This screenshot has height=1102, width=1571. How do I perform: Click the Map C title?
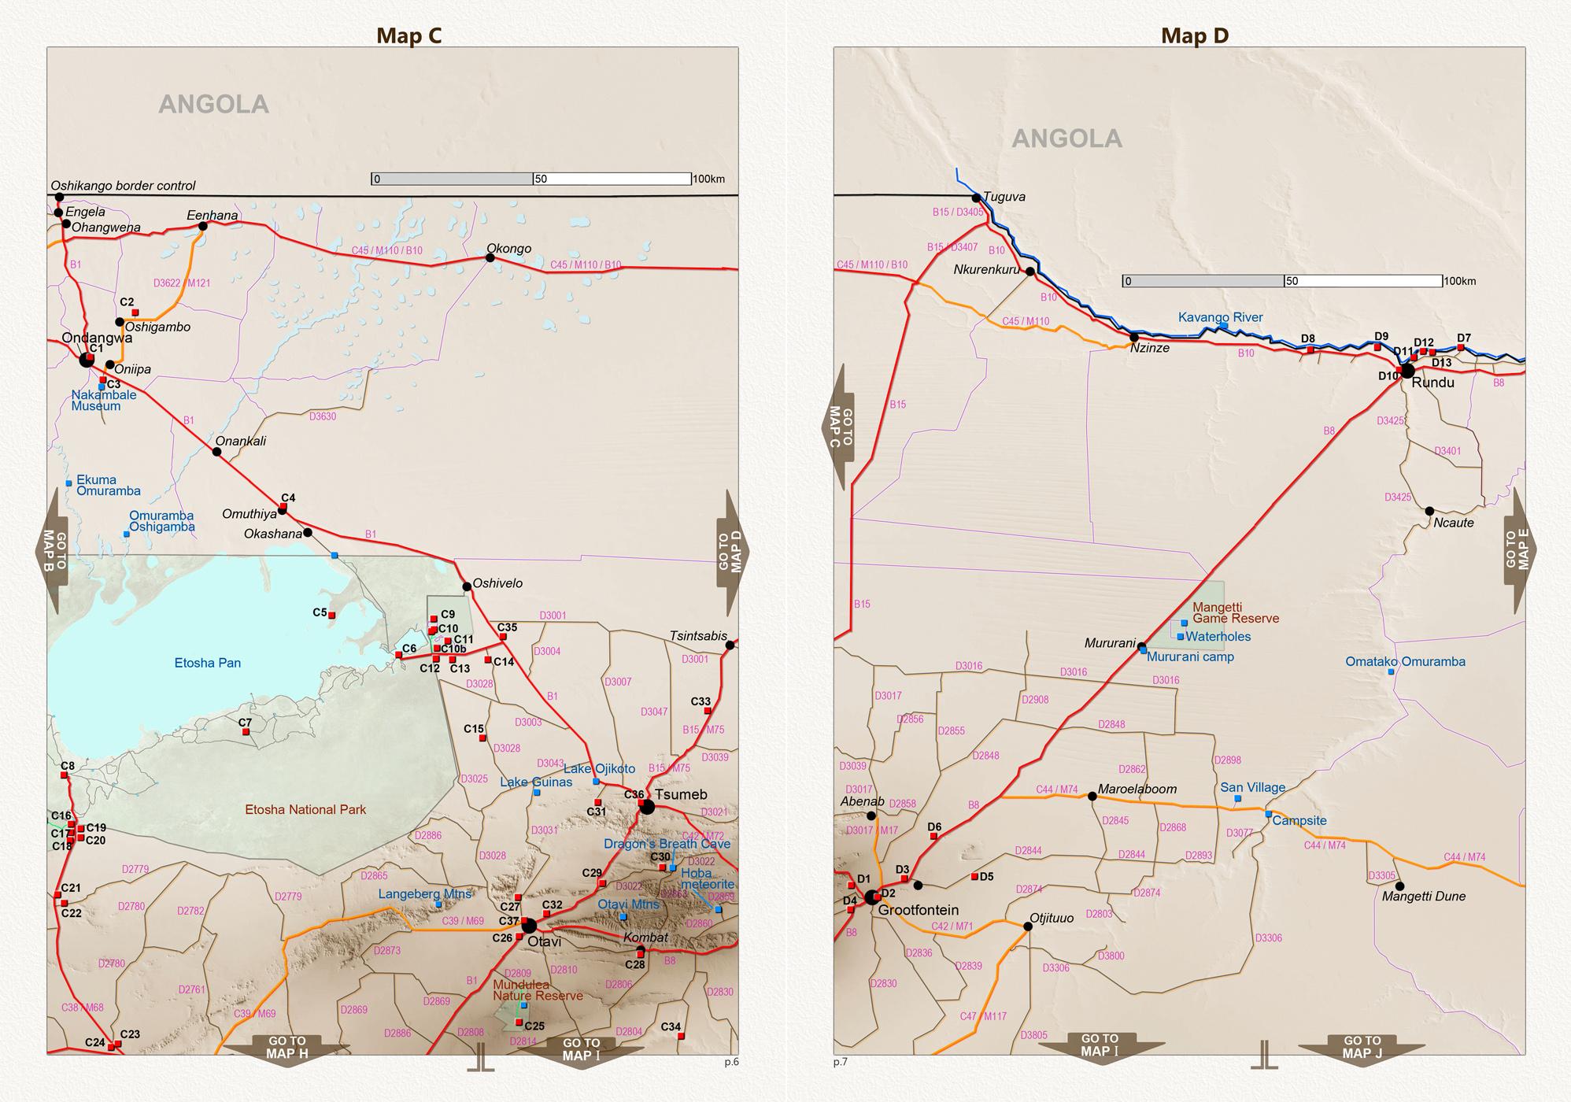pyautogui.click(x=408, y=35)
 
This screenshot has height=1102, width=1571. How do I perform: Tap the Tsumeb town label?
pyautogui.click(x=681, y=794)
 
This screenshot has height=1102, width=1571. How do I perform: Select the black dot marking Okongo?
pyautogui.click(x=490, y=257)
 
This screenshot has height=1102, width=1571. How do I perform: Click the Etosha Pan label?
pyautogui.click(x=208, y=663)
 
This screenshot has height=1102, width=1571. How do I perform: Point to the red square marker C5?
pyautogui.click(x=331, y=615)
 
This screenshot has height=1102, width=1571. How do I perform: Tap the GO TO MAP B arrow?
pyautogui.click(x=53, y=550)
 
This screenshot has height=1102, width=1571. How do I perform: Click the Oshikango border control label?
pyautogui.click(x=123, y=186)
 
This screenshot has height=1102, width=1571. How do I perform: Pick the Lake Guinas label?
pyautogui.click(x=536, y=782)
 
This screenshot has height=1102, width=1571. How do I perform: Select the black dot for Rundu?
pyautogui.click(x=1407, y=371)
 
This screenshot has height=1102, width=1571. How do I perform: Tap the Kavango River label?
pyautogui.click(x=1220, y=317)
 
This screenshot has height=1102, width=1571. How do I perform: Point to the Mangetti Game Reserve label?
pyautogui.click(x=1236, y=612)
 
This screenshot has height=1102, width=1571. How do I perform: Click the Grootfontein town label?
pyautogui.click(x=918, y=910)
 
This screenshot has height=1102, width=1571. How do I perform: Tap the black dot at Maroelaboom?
pyautogui.click(x=1092, y=797)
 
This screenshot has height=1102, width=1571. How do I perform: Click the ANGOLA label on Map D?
pyautogui.click(x=1066, y=139)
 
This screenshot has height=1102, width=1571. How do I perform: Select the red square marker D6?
pyautogui.click(x=934, y=836)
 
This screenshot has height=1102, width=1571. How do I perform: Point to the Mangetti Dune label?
pyautogui.click(x=1424, y=896)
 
